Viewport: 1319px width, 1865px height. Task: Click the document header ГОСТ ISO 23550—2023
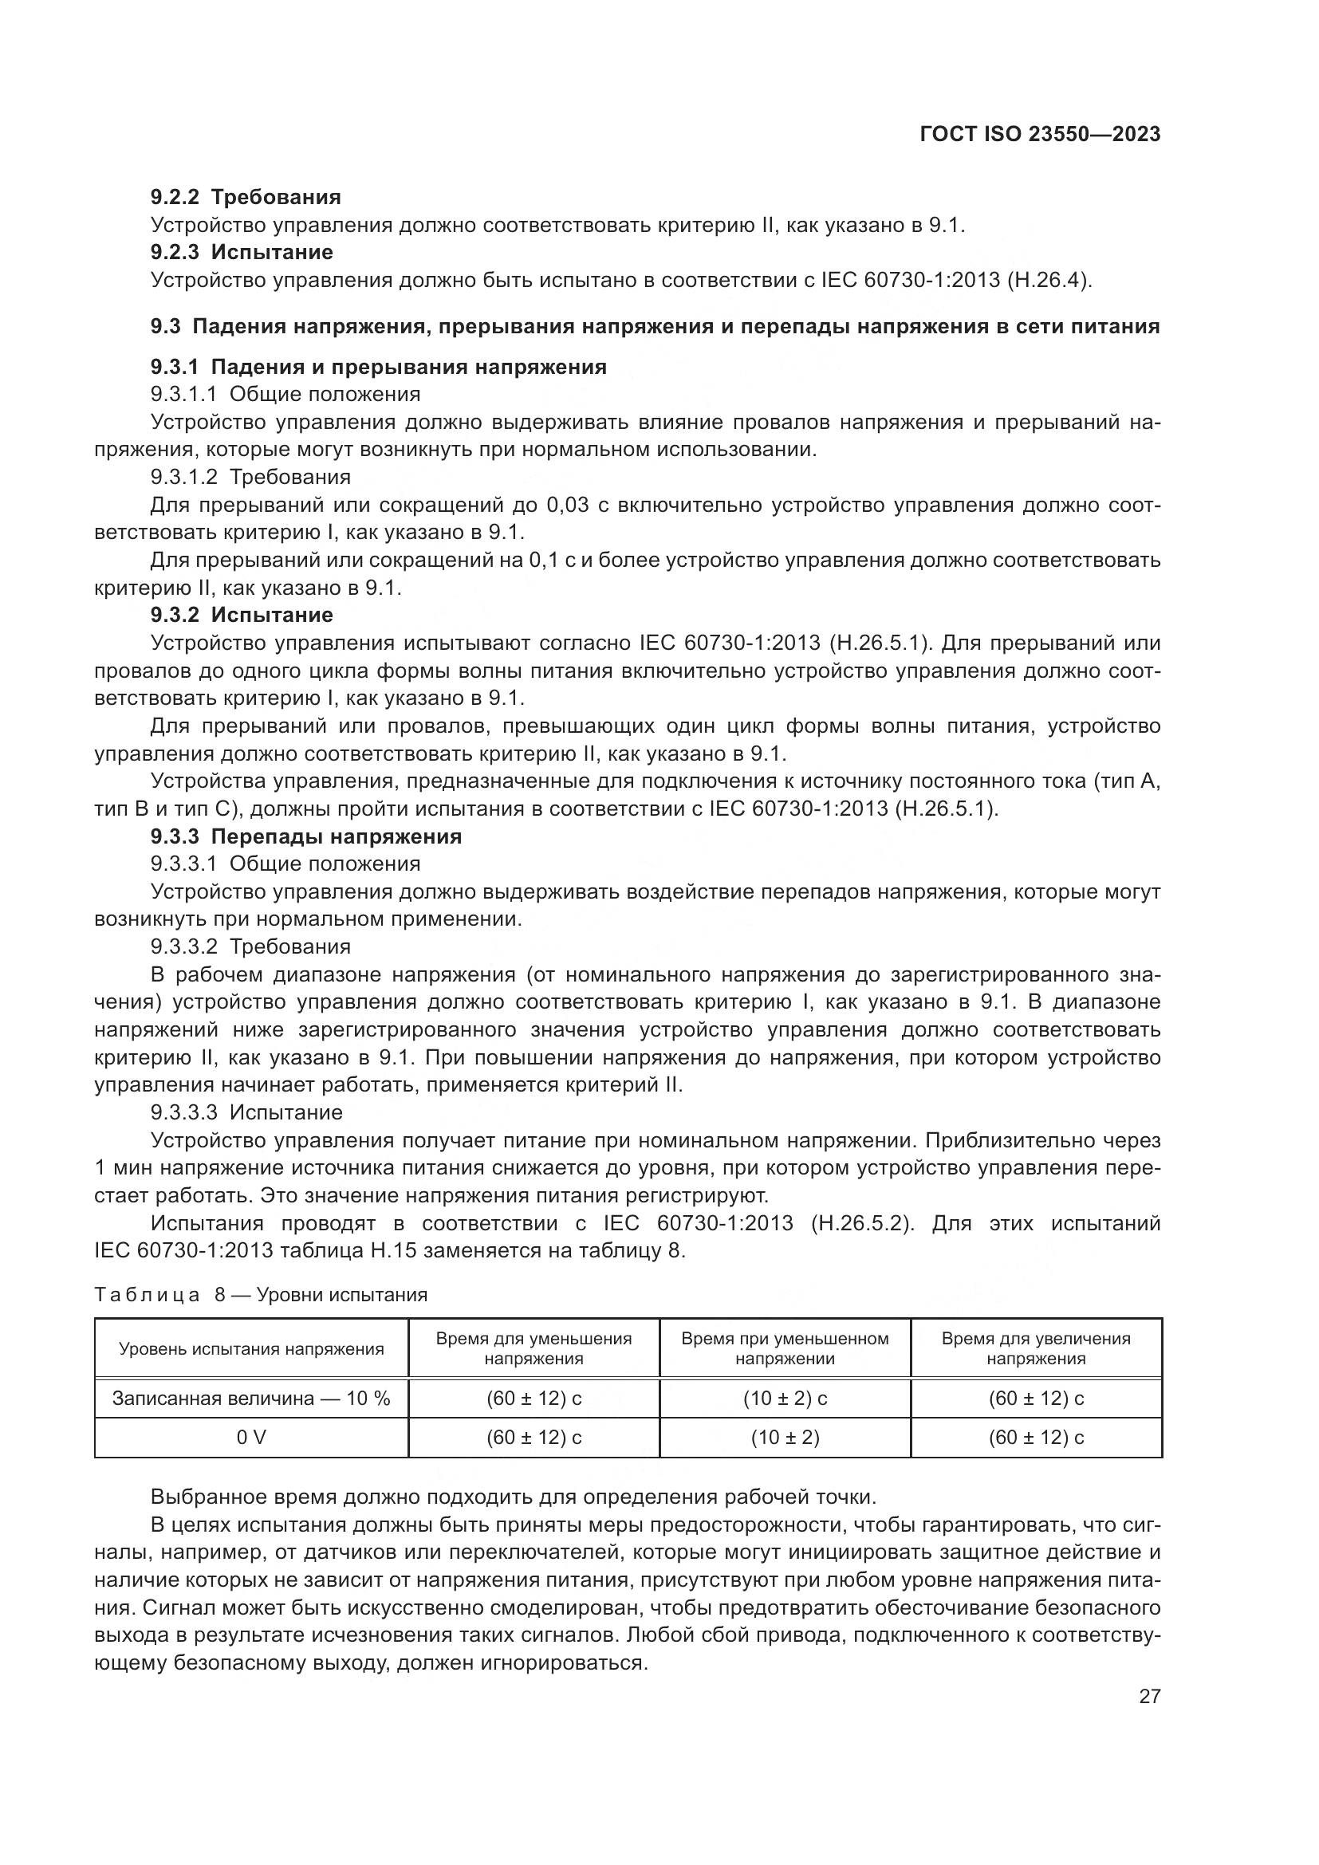pyautogui.click(x=1040, y=134)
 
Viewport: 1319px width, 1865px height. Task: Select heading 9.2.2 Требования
pyautogui.click(x=246, y=198)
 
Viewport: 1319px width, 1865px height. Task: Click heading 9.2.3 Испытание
pyautogui.click(x=241, y=253)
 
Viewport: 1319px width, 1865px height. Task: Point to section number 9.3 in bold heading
pyautogui.click(x=166, y=327)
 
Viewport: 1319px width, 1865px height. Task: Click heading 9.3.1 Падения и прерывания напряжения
pyautogui.click(x=379, y=367)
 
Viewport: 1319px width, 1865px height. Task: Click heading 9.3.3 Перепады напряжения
pyautogui.click(x=306, y=836)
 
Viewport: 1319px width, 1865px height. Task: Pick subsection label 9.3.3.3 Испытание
pyautogui.click(x=247, y=1112)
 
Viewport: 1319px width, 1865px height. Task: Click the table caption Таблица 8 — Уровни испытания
pyautogui.click(x=261, y=1295)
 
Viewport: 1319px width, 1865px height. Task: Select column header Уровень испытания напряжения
pyautogui.click(x=251, y=1349)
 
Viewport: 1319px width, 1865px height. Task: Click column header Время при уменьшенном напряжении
pyautogui.click(x=785, y=1349)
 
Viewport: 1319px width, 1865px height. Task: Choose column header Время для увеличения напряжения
pyautogui.click(x=1036, y=1349)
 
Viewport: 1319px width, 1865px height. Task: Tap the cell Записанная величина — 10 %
pyautogui.click(x=251, y=1399)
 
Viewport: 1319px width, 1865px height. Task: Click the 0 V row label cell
pyautogui.click(x=251, y=1438)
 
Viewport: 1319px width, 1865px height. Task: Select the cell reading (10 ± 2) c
pyautogui.click(x=785, y=1399)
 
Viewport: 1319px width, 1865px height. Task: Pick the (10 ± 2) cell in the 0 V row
pyautogui.click(x=785, y=1438)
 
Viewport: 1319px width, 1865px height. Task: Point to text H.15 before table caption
pyautogui.click(x=394, y=1251)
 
